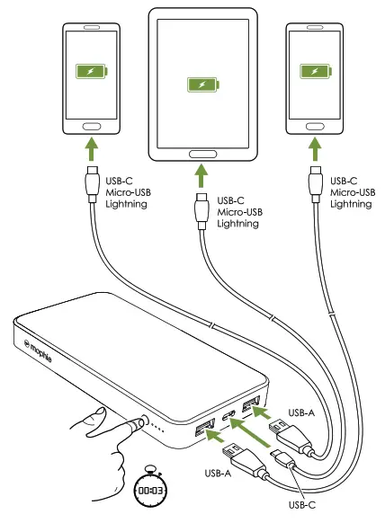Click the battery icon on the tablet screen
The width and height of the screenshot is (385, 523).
201,84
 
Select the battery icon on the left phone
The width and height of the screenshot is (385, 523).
89,72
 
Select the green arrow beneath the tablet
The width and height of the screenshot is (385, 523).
201,175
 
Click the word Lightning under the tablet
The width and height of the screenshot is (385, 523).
238,224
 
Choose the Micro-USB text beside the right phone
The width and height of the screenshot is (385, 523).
353,192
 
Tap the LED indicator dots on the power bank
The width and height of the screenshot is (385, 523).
158,427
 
